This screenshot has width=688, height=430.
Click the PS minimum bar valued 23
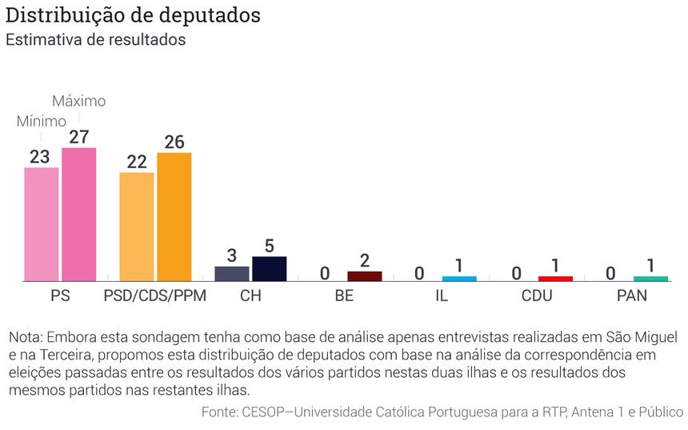pyautogui.click(x=41, y=224)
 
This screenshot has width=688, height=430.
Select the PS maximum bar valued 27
pyautogui.click(x=78, y=215)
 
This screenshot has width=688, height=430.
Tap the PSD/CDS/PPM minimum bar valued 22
pyautogui.click(x=137, y=227)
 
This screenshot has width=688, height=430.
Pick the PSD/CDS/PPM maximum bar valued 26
pyautogui.click(x=174, y=216)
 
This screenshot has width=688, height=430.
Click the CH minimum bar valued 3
pyautogui.click(x=232, y=273)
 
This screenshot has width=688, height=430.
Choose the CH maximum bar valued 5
pyautogui.click(x=270, y=268)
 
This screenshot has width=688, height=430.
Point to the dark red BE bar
pyautogui.click(x=365, y=276)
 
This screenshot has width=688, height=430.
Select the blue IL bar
pyautogui.click(x=459, y=279)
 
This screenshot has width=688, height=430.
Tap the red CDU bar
pyautogui.click(x=555, y=279)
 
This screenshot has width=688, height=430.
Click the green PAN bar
pyautogui.click(x=650, y=279)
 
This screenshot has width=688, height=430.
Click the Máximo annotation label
pyautogui.click(x=78, y=102)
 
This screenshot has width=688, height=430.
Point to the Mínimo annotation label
pyautogui.click(x=41, y=122)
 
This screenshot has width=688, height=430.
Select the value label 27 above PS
pyautogui.click(x=78, y=137)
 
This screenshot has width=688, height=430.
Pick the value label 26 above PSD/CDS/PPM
pyautogui.click(x=174, y=142)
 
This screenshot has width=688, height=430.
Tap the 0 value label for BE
pyautogui.click(x=325, y=273)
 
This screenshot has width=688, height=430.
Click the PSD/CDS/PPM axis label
pyautogui.click(x=155, y=296)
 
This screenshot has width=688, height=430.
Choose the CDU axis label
pyautogui.click(x=536, y=296)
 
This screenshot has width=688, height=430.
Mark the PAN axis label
pyautogui.click(x=632, y=296)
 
